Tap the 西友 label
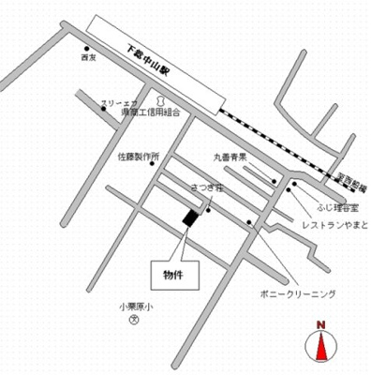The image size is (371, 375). (90, 59)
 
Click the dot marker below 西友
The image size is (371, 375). (87, 49)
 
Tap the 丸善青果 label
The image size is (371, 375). (229, 157)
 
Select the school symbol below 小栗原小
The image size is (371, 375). (134, 319)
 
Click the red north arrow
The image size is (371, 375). (320, 348)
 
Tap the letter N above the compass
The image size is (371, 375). (320, 325)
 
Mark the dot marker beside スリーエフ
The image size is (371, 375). (103, 109)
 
